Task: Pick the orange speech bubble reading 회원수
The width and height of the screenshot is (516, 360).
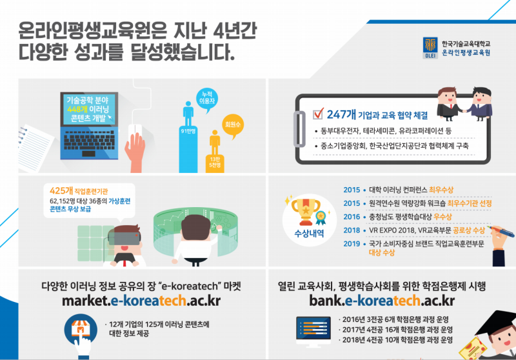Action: click(228, 123)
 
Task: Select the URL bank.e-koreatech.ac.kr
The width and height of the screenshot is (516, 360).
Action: click(381, 301)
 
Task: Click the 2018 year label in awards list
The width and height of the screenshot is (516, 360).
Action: click(352, 230)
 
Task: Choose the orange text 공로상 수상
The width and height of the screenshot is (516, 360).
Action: click(455, 230)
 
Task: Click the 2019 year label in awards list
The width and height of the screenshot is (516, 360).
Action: click(352, 243)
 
